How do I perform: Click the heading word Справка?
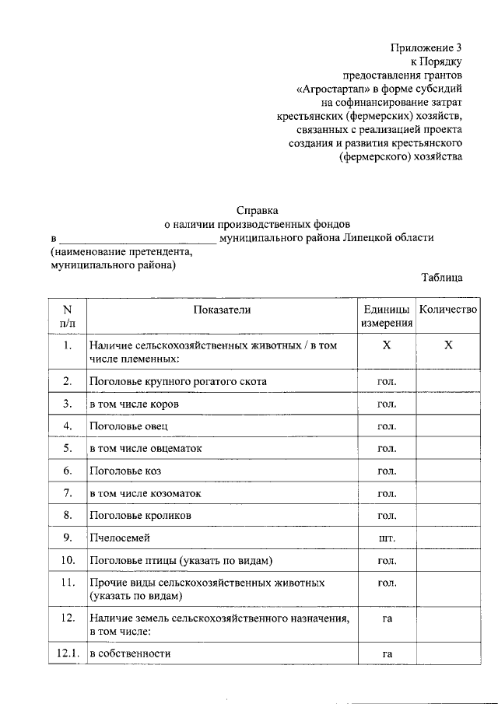click(x=258, y=209)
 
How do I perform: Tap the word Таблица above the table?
click(x=442, y=277)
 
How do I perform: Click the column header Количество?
click(x=447, y=310)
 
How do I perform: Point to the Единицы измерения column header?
click(x=386, y=316)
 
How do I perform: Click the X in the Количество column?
click(x=448, y=345)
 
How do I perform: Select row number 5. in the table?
click(x=68, y=449)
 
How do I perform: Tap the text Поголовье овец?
click(x=128, y=426)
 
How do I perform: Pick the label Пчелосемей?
click(x=118, y=538)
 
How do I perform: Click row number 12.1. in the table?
click(x=68, y=653)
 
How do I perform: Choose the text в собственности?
click(x=129, y=653)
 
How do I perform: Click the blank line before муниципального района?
click(x=138, y=238)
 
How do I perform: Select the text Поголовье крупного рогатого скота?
click(x=178, y=382)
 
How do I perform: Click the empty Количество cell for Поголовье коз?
click(x=447, y=471)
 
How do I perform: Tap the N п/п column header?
click(x=68, y=316)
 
